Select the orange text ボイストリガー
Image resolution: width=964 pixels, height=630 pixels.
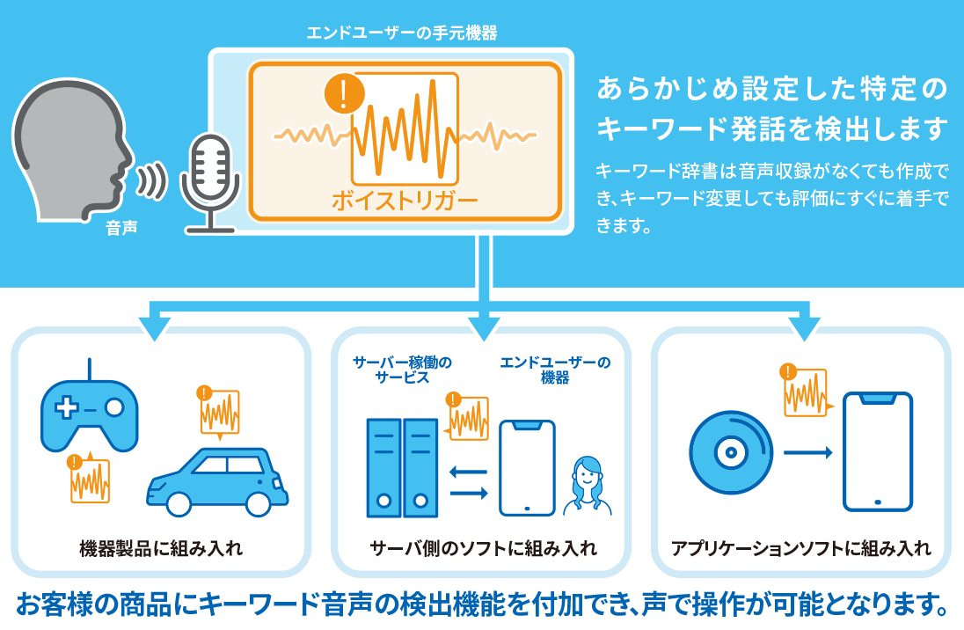click(x=405, y=201)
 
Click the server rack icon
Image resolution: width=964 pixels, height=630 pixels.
click(x=401, y=467)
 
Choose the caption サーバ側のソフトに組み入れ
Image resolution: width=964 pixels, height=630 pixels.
click(x=484, y=549)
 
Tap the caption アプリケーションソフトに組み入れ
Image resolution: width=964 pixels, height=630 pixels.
click(x=800, y=549)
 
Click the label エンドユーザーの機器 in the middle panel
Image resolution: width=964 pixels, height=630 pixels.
click(x=555, y=370)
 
